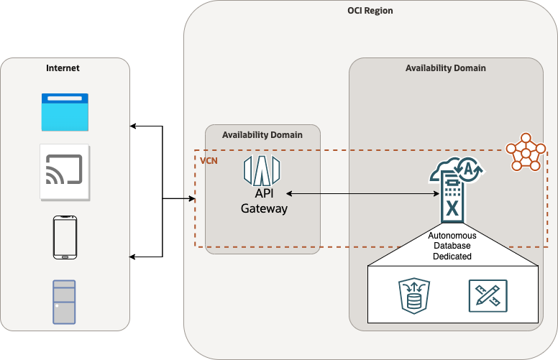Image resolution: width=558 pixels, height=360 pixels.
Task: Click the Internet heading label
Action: (x=63, y=68)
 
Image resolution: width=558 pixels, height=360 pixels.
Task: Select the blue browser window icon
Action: (x=64, y=112)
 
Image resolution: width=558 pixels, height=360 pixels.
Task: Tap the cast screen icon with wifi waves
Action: (x=64, y=172)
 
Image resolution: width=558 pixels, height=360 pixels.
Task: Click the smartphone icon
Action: (x=65, y=236)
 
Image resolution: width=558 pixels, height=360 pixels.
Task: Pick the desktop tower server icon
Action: (x=64, y=302)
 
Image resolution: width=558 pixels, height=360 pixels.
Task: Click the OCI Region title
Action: (x=371, y=11)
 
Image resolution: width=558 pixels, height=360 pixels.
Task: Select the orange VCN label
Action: (x=209, y=160)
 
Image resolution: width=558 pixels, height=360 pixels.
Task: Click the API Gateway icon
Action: (x=263, y=170)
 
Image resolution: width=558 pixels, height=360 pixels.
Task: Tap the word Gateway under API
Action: (x=264, y=209)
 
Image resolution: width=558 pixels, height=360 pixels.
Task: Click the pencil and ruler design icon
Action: (x=487, y=295)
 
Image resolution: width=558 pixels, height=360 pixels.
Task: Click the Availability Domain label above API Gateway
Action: (x=262, y=134)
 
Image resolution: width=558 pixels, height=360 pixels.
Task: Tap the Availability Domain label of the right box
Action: (x=446, y=68)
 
